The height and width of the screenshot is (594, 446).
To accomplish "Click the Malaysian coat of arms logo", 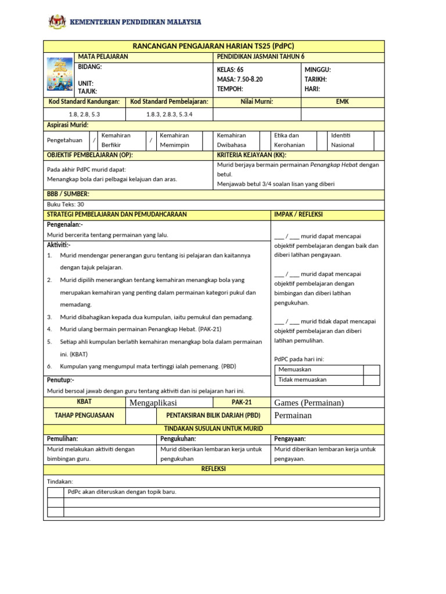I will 57,22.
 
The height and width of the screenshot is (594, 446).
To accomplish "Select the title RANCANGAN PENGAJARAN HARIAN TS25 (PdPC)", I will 214,46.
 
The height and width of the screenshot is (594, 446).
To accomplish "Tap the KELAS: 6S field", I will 230,70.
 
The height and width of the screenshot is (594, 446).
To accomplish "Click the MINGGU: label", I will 318,70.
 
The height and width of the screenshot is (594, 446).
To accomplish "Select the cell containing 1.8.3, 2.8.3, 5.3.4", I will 170,115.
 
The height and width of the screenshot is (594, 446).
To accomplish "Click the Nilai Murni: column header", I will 257,102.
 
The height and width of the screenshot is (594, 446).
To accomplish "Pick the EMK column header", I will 343,102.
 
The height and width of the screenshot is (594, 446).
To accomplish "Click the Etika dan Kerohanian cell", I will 289,140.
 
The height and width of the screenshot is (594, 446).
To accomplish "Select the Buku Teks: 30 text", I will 65,204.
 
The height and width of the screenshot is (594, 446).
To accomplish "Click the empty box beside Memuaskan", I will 371,370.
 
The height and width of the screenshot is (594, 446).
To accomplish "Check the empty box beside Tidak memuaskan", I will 371,380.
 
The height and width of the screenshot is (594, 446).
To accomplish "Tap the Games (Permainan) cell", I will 309,403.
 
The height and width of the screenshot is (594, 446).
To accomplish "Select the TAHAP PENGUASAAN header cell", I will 84,415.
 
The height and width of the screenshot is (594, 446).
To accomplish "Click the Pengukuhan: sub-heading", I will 178,439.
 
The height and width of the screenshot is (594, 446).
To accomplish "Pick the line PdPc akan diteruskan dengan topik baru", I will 122,492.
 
